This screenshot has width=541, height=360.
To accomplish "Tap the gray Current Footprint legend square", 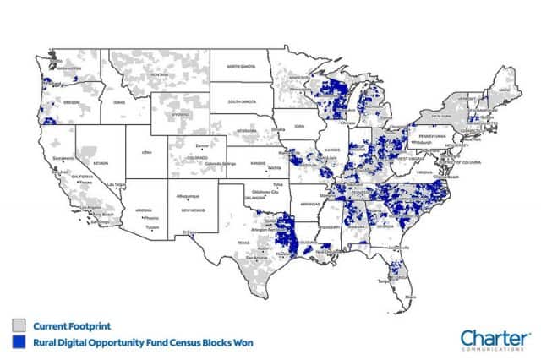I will click(17, 325).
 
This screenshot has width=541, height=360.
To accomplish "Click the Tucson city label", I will click(152, 226).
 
